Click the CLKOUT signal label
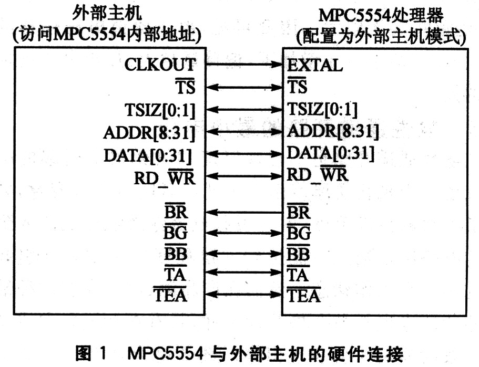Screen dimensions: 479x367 (x=160, y=65)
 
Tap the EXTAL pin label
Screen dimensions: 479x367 (x=315, y=65)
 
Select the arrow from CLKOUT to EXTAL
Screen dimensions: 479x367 (x=244, y=64)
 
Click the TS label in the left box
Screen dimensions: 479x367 (x=185, y=86)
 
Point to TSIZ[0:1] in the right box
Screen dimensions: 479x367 (x=322, y=109)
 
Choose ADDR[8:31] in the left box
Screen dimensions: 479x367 (x=149, y=133)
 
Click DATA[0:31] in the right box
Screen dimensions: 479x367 (x=331, y=153)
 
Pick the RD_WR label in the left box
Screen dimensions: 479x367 (x=165, y=177)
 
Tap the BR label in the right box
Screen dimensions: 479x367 (x=299, y=212)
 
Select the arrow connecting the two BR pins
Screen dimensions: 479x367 (x=244, y=212)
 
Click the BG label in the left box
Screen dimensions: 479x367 (x=175, y=232)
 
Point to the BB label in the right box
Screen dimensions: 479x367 (x=299, y=253)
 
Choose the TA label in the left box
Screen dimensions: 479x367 (x=175, y=274)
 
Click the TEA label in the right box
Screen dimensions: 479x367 (x=304, y=295)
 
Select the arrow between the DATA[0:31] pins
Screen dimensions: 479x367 (x=244, y=153)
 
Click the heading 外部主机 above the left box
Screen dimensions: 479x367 (x=107, y=13)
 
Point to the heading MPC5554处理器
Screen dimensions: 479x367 (x=381, y=16)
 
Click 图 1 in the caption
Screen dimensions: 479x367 (x=91, y=353)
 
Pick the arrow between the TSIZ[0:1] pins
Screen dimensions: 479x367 (x=244, y=109)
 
